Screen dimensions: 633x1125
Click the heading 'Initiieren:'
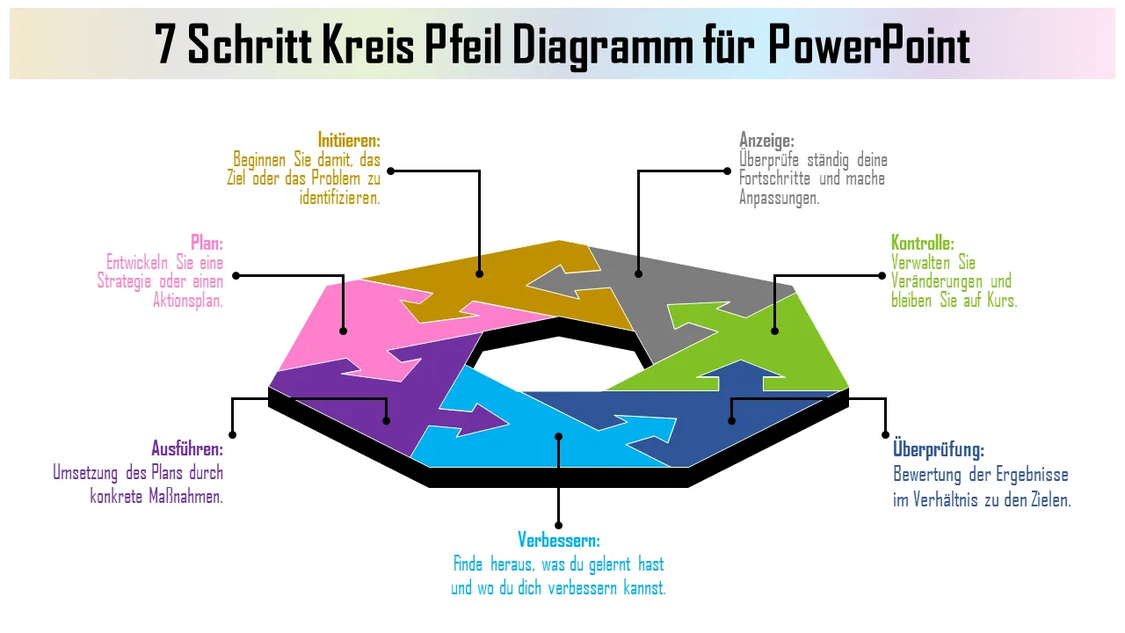coord(349,140)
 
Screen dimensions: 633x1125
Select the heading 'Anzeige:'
coord(766,140)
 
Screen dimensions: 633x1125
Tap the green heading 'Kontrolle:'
coord(922,243)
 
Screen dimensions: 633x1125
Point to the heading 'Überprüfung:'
coord(938,449)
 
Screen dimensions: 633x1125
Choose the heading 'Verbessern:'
coord(559,539)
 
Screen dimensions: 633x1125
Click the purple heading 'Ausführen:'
coord(187,449)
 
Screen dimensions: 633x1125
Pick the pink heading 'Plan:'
coord(207,243)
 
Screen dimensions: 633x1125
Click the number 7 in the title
coord(166,45)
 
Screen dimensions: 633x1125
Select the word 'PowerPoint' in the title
coord(869,45)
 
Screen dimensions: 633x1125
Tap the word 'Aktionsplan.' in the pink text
coord(188,300)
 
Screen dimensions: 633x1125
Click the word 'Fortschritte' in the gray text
coord(777,178)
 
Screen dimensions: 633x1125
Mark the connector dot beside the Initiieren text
coord(391,171)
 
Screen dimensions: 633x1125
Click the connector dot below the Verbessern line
coord(558,526)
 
